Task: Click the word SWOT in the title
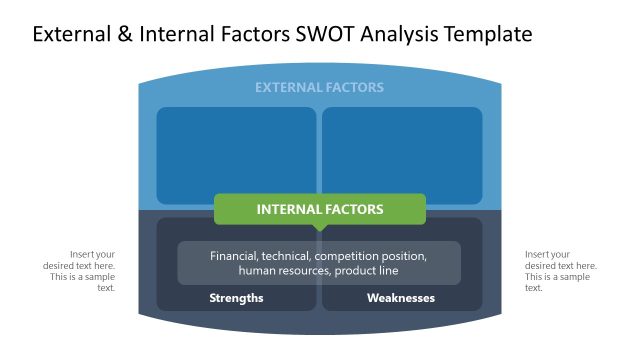(x=320, y=35)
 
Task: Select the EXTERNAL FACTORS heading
(x=319, y=88)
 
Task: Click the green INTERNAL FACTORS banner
(x=319, y=209)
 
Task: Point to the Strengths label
(x=236, y=298)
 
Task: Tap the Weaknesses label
(x=401, y=298)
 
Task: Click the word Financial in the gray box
(x=233, y=256)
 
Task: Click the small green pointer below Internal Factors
(x=319, y=228)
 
